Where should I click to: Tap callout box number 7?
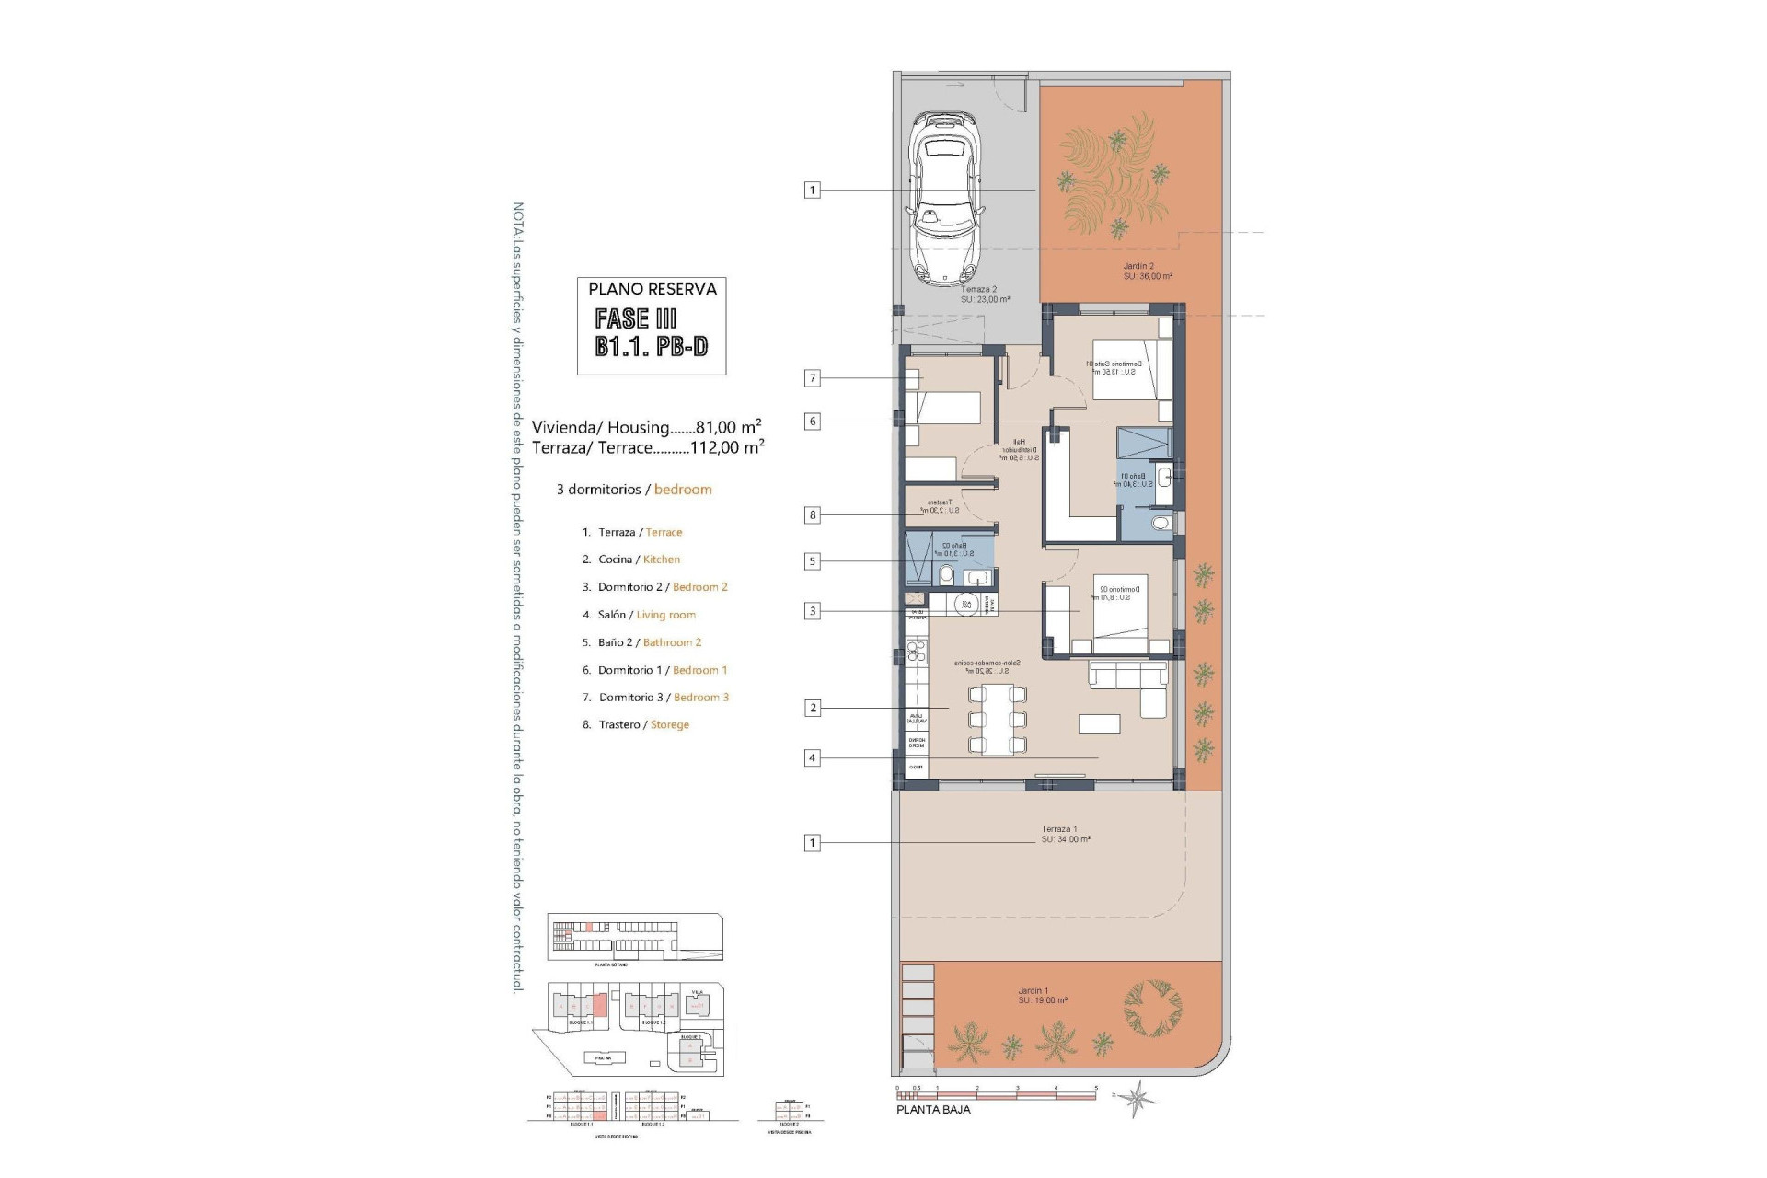click(x=812, y=378)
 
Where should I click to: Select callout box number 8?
click(x=812, y=515)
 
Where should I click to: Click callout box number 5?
click(x=812, y=561)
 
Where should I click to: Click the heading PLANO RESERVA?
click(x=652, y=289)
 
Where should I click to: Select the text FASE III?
click(x=635, y=319)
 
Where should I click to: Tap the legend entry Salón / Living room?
click(x=646, y=615)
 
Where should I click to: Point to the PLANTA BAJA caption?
click(x=933, y=1110)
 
